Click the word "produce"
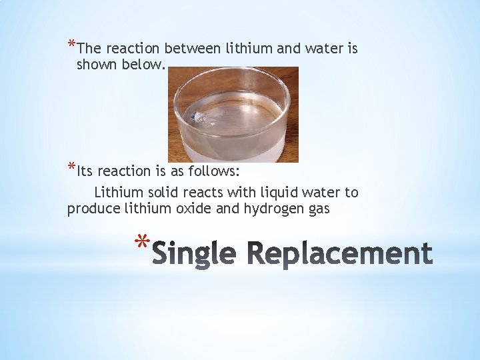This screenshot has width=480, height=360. click(93, 209)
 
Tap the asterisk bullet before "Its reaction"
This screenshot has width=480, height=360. click(71, 167)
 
